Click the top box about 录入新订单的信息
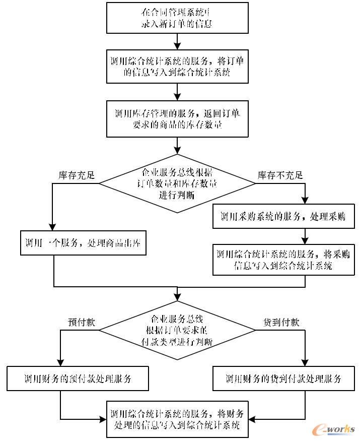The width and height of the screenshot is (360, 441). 177,18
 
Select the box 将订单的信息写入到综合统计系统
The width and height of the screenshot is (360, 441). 177,67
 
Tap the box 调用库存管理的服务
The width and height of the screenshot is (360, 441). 177,118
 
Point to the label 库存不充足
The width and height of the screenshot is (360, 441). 280,175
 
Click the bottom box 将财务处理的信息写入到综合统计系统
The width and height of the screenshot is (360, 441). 177,419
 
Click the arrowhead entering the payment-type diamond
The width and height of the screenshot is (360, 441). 177,299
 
